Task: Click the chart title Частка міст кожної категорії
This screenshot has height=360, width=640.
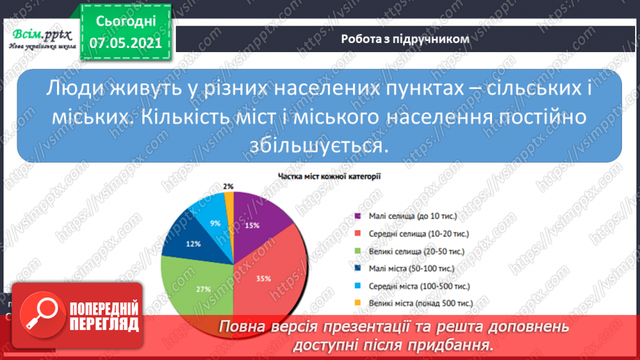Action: pyautogui.click(x=329, y=177)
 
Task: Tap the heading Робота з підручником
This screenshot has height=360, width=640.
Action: pyautogui.click(x=405, y=39)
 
